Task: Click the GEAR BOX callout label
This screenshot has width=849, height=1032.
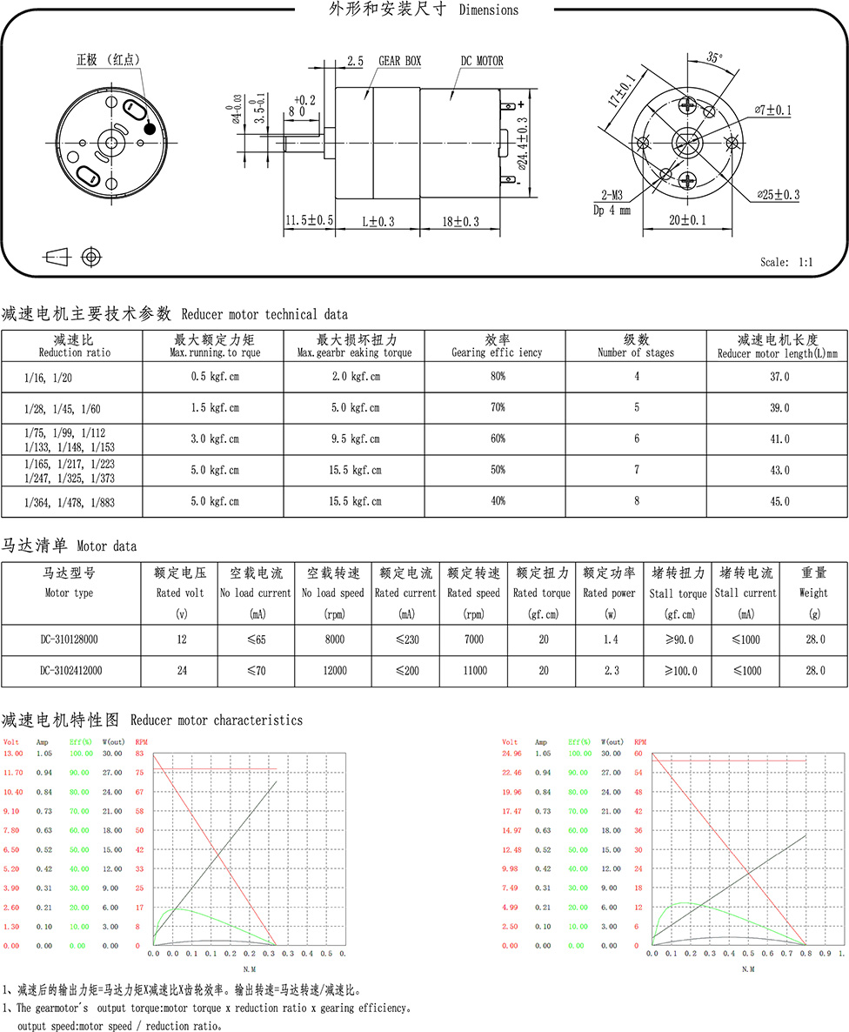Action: pos(399,62)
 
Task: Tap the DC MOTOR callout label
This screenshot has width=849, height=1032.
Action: pos(482,62)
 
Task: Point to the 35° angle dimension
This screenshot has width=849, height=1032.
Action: pos(714,58)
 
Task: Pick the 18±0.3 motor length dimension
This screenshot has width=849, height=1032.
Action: pos(460,222)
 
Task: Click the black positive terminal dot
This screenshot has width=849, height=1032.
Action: pos(149,129)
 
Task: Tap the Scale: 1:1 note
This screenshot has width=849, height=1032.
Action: pos(785,262)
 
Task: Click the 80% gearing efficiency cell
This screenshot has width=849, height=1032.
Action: pos(497,377)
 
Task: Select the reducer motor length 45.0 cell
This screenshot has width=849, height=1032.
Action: pos(777,501)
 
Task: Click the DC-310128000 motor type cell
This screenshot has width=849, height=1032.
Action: pos(69,639)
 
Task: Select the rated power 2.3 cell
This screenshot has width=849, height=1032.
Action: pos(608,671)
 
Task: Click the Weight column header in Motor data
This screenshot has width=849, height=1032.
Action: pos(813,582)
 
